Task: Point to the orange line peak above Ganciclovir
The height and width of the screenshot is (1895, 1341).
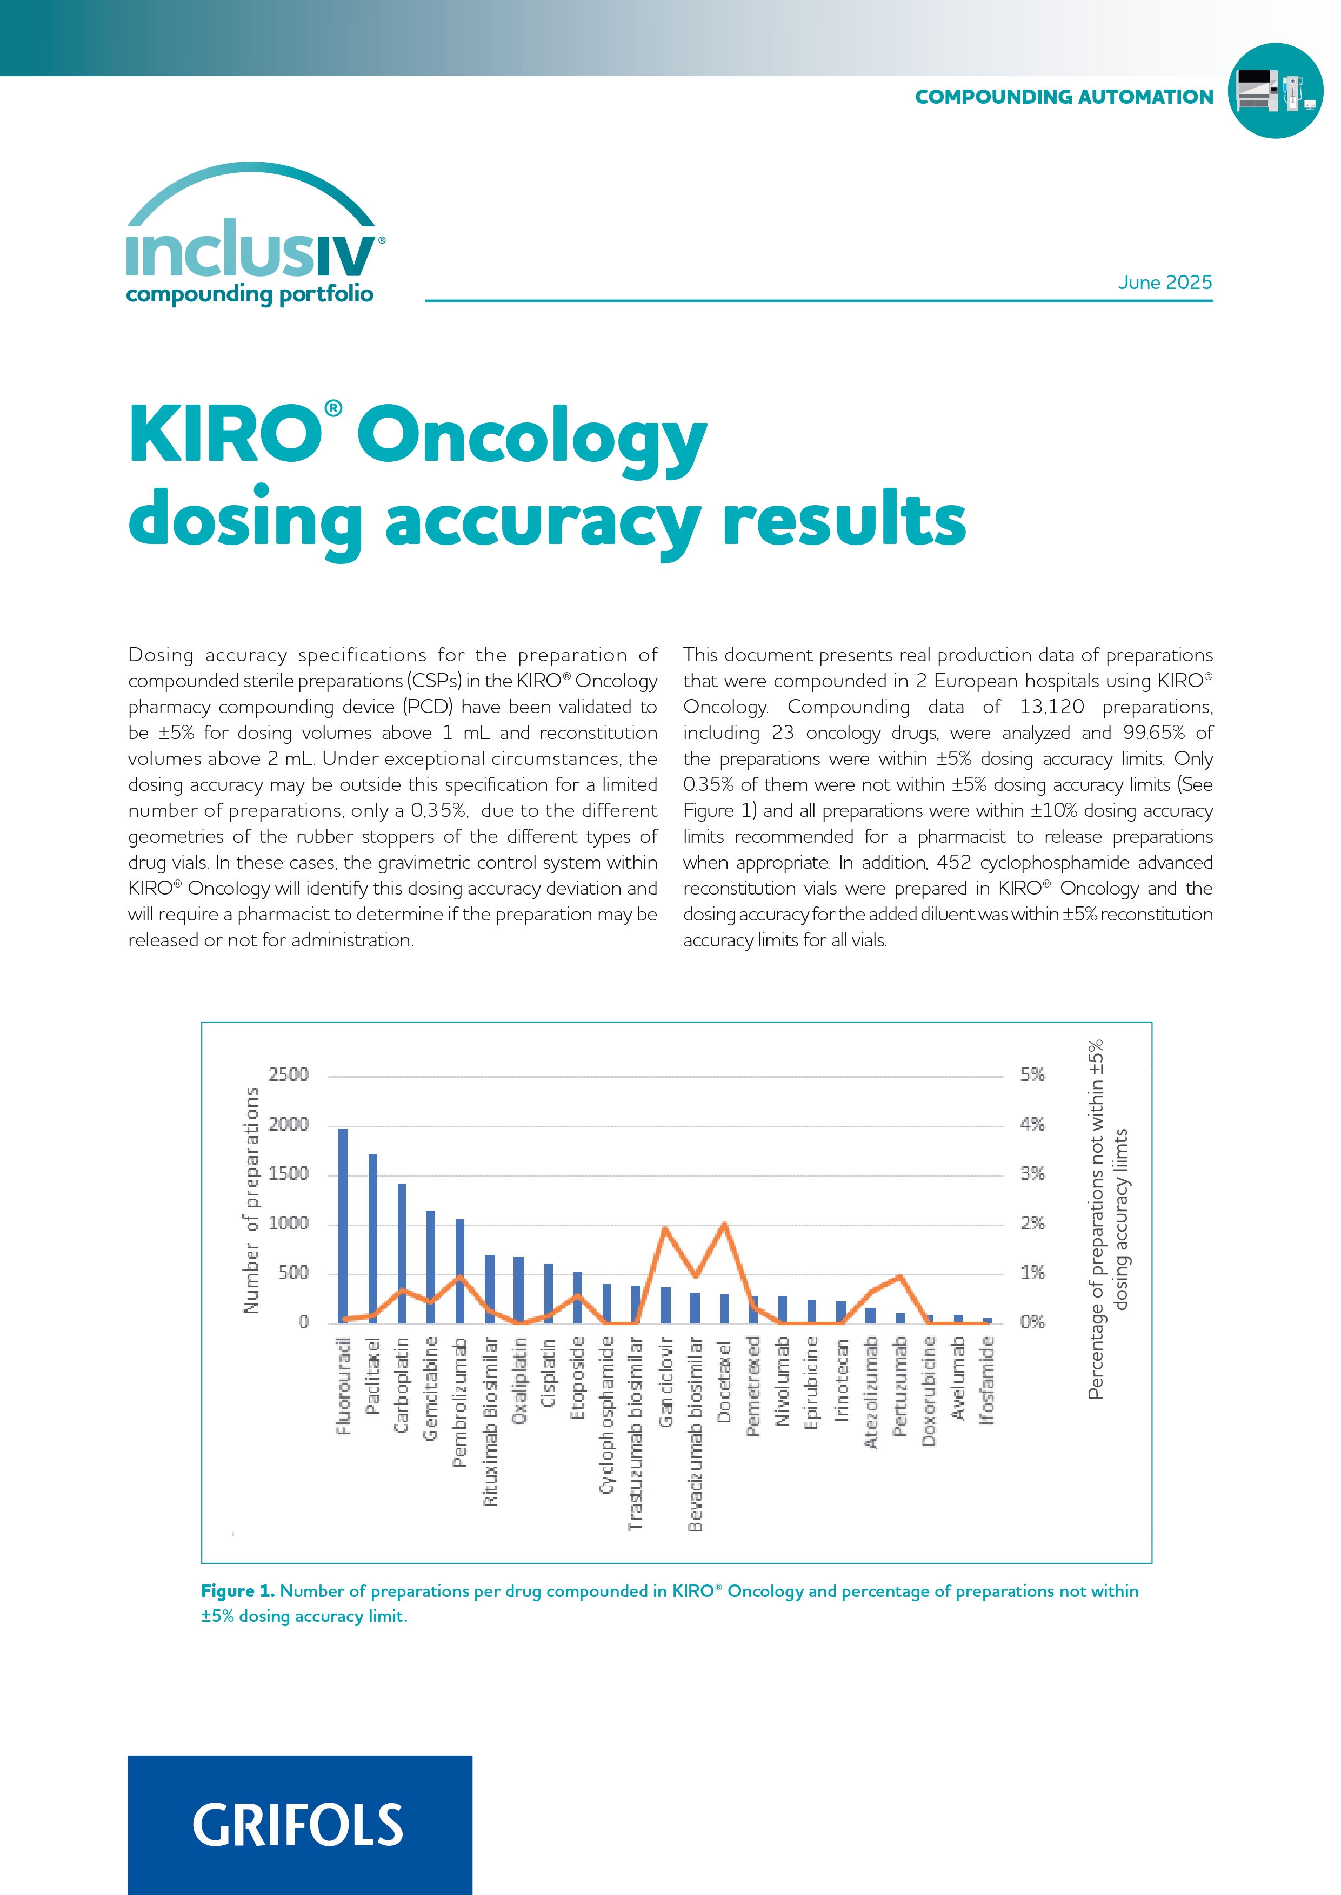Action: [x=665, y=1229]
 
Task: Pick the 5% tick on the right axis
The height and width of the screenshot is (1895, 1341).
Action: [x=1032, y=1074]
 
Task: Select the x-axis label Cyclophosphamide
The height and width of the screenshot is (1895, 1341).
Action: [x=607, y=1415]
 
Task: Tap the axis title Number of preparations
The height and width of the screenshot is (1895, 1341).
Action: [x=251, y=1200]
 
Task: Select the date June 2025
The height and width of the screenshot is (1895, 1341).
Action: [x=1164, y=283]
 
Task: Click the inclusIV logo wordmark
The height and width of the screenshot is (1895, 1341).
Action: [x=252, y=248]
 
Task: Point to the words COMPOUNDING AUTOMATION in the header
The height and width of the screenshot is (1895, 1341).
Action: [x=1064, y=97]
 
